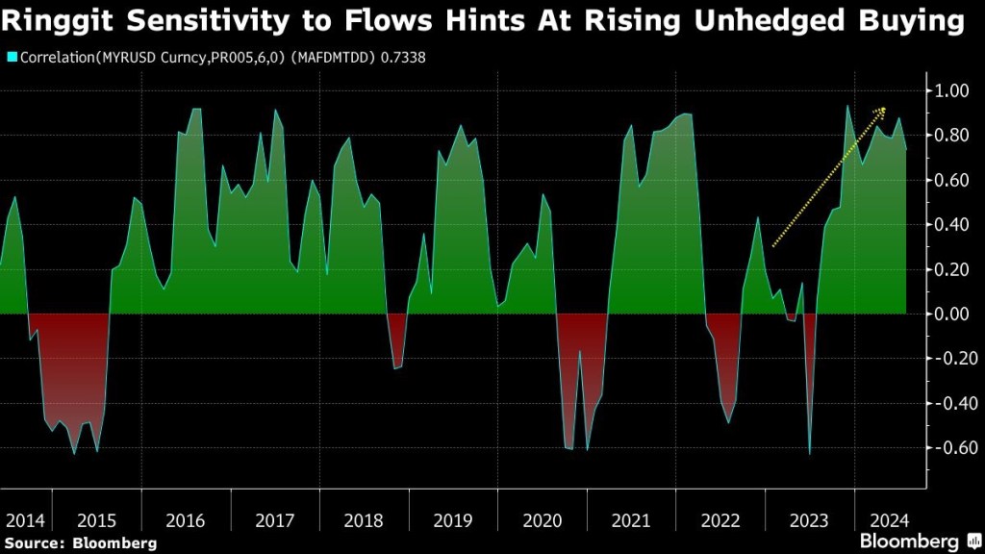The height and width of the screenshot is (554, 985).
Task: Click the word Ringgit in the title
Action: point(61,21)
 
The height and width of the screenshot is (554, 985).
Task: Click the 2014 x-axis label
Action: point(25,520)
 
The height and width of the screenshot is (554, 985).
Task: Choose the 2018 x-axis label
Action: point(364,520)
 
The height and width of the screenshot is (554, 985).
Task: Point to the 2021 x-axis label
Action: point(631,520)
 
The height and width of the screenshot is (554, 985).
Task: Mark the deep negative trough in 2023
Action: point(810,453)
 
